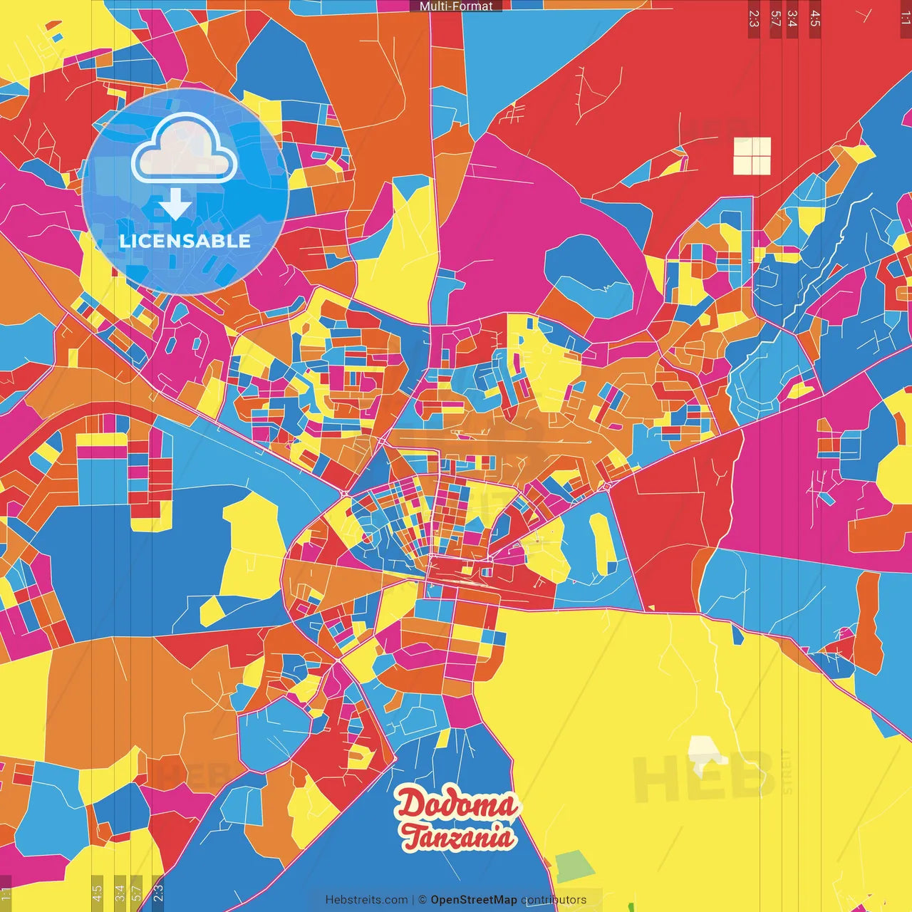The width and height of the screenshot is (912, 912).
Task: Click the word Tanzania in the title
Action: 457,837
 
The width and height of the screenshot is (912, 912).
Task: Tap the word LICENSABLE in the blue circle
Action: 185,241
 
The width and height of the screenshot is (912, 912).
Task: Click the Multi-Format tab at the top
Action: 456,6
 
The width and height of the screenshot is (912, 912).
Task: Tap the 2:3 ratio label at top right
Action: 754,19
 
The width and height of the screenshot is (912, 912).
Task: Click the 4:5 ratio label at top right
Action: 815,19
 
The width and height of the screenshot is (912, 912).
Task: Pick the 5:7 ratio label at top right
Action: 776,19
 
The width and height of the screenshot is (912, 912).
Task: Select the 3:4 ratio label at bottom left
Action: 120,893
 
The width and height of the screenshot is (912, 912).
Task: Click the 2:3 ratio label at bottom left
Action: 157,893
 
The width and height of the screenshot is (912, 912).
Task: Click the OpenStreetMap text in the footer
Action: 473,900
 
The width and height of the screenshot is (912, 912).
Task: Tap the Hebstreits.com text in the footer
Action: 366,900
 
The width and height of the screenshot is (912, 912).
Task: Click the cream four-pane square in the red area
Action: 752,156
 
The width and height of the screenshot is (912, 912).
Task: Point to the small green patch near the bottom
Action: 574,866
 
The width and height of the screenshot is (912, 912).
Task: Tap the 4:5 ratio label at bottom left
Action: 97,893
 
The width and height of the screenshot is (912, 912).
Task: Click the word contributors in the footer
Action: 554,900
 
